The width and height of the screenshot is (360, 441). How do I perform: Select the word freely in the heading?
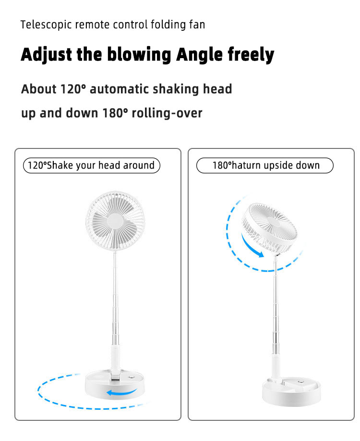(251, 55)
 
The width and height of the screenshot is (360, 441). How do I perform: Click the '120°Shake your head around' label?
(91, 166)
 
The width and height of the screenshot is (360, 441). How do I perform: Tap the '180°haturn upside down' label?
(265, 166)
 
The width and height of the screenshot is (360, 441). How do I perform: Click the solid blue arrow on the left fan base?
(120, 393)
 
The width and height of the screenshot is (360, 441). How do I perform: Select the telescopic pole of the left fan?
(116, 303)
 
